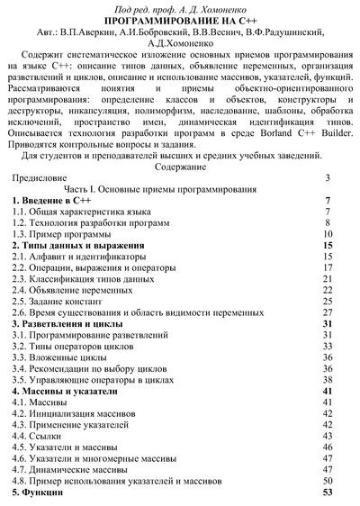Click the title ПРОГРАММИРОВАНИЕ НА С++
click(179, 20)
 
